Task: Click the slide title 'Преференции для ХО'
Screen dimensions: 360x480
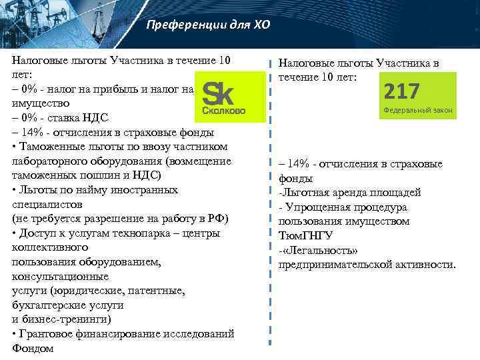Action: (x=208, y=26)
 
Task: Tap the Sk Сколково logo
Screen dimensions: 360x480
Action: (x=229, y=99)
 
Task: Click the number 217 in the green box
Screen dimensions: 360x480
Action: (x=402, y=92)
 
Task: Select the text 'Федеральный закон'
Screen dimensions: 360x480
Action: (x=418, y=109)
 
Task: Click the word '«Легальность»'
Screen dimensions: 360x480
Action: (x=322, y=250)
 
